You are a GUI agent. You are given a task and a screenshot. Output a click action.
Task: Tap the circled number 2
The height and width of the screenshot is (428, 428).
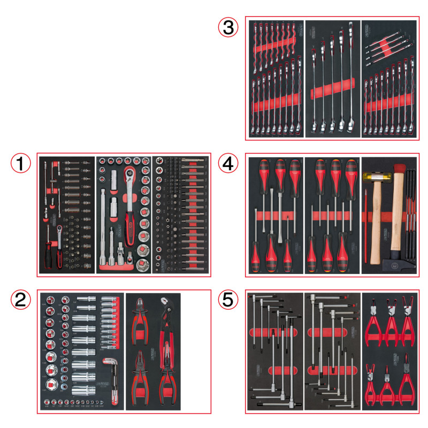coord(21,302)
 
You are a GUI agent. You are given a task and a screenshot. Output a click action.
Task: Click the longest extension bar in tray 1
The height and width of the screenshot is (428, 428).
coord(103,225)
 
